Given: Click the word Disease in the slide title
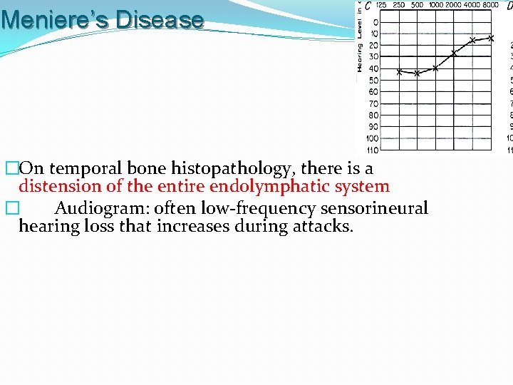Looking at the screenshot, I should pos(160,19).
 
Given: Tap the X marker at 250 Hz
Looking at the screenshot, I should pos(399,72).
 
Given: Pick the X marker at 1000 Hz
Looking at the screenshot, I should pos(435,68).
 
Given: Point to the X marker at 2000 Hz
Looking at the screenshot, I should pos(454,53).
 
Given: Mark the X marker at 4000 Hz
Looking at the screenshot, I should pos(472,40).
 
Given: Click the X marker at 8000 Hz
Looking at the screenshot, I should pos(490,38).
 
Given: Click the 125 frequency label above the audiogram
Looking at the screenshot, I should pos(381,5).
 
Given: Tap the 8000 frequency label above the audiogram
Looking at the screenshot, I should pos(490,5).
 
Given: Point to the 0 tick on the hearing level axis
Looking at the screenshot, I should pos(375,22).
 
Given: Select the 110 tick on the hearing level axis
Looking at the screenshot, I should pos(373,150).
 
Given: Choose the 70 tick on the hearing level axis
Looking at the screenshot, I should pos(373,103).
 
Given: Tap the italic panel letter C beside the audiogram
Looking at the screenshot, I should pos(368,6).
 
